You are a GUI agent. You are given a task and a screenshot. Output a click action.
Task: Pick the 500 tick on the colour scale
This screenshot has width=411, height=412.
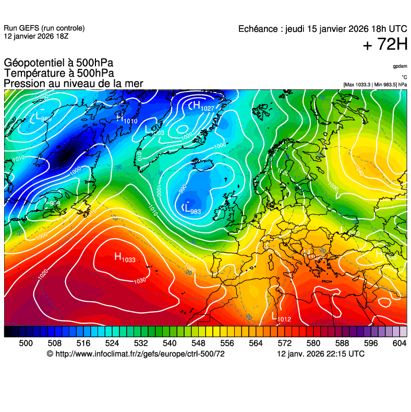[x=26, y=343]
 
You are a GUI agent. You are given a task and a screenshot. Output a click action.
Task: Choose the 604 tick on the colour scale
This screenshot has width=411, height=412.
[x=399, y=343]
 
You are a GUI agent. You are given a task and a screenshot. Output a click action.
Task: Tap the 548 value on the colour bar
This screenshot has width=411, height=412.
[x=197, y=343]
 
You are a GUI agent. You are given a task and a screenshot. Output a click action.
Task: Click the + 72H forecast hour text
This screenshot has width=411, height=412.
[x=385, y=45]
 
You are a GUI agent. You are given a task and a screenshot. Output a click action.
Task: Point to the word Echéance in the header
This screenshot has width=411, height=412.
[x=258, y=29]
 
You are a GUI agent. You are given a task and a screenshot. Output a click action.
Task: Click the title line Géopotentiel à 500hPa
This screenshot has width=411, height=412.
[x=58, y=63]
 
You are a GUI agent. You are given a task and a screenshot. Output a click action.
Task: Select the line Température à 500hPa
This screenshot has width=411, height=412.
[x=59, y=74]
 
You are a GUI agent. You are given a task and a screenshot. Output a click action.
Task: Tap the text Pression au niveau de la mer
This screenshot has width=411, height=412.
[x=74, y=84]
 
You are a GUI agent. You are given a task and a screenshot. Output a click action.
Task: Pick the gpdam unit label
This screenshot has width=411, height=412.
[x=400, y=66]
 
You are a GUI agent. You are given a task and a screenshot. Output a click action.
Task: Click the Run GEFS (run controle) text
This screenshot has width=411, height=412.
[x=44, y=28]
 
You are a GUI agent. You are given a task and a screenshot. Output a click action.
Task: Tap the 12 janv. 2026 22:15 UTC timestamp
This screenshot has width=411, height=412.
[x=320, y=354]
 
